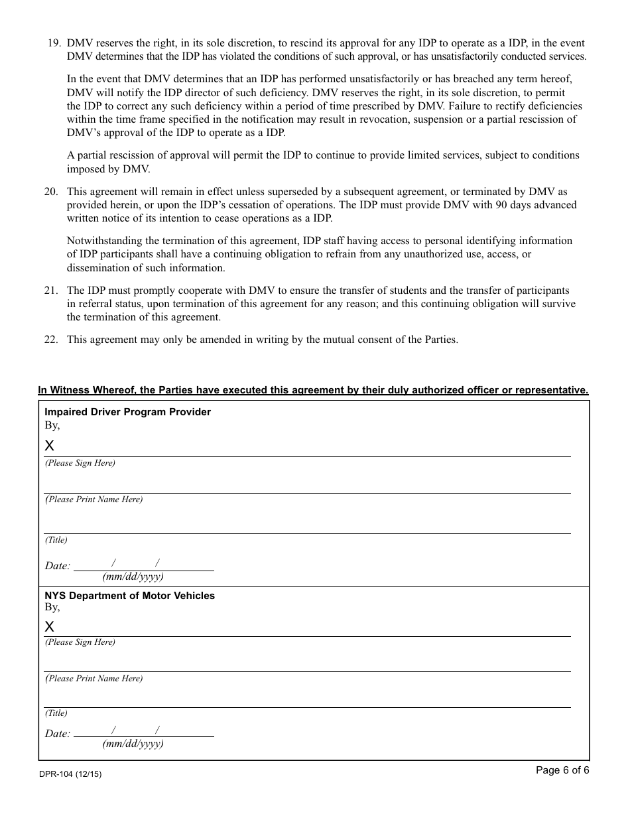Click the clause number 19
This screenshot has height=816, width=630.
coord(53,43)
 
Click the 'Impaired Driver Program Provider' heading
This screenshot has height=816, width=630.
coord(127,412)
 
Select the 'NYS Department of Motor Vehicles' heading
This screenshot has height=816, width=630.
coord(129,596)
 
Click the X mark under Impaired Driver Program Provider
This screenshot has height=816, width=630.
coord(50,446)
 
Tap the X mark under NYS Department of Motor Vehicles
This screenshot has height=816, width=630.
coord(50,627)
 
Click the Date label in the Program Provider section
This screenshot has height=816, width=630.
coord(57,566)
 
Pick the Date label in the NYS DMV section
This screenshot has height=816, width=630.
coord(57,734)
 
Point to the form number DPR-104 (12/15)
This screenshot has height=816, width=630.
coord(70,774)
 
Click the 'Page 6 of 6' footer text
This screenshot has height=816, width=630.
coord(562,770)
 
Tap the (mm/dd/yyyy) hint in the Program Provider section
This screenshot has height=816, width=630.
coord(133,577)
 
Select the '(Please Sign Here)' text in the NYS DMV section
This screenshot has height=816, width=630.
coord(80,642)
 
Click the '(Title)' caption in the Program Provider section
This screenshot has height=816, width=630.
coord(56,540)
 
